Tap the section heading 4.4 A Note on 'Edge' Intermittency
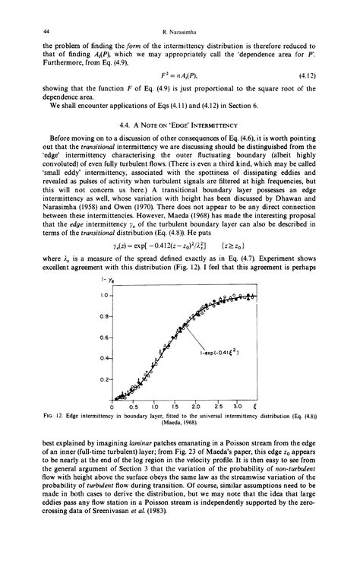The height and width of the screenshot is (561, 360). pyautogui.click(x=179, y=125)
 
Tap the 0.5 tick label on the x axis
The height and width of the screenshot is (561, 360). pyautogui.click(x=134, y=407)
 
